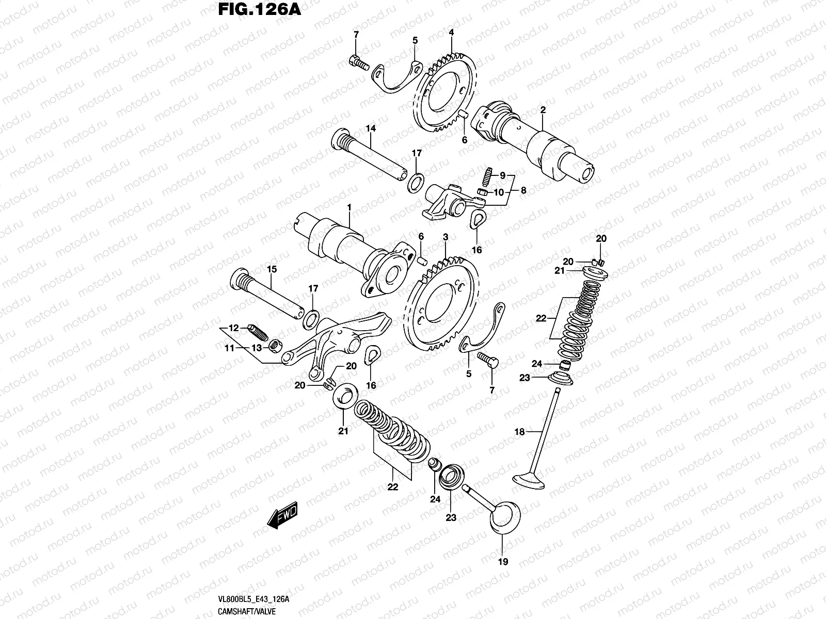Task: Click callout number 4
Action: click(451, 32)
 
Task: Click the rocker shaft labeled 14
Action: click(372, 157)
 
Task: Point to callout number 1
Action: click(349, 207)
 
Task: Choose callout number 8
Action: click(523, 190)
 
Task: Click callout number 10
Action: click(499, 192)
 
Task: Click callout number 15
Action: click(272, 269)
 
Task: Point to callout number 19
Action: click(503, 562)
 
